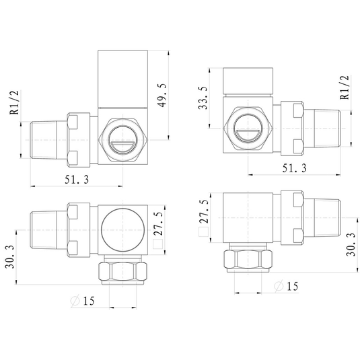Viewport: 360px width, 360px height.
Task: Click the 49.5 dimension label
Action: tap(162, 96)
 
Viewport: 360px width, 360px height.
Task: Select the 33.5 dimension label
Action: tap(203, 98)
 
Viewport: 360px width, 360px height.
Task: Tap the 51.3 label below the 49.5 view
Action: tap(77, 179)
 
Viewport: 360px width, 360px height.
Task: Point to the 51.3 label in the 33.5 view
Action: tap(294, 168)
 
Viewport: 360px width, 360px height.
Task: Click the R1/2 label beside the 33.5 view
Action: tap(345, 87)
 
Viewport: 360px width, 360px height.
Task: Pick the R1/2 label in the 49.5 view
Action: tap(14, 102)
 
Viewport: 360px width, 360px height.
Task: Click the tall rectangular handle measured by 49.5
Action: tap(123, 79)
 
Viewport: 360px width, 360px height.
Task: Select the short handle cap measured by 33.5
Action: tap(248, 81)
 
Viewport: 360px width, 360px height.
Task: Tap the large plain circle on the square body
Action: tap(123, 230)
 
